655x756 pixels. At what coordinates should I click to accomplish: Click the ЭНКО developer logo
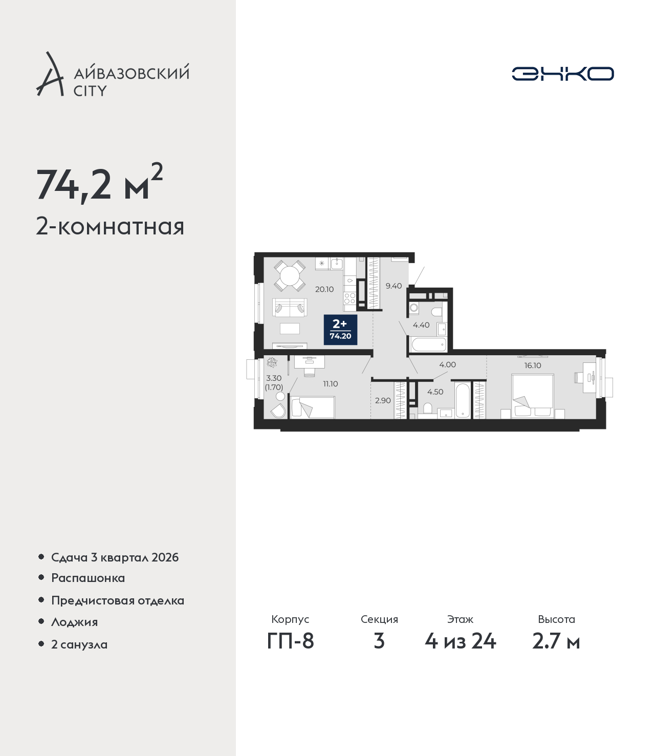click(562, 74)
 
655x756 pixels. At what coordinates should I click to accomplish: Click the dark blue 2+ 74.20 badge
click(340, 330)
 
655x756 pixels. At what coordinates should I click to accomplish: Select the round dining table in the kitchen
click(290, 276)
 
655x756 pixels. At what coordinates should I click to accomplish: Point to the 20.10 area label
click(324, 289)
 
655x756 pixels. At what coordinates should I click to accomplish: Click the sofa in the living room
click(290, 307)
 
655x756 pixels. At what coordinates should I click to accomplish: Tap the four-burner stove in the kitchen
click(350, 298)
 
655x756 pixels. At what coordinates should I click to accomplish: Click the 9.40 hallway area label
click(394, 286)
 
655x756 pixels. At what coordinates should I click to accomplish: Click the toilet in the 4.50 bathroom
click(427, 408)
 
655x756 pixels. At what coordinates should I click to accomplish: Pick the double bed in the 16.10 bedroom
click(533, 396)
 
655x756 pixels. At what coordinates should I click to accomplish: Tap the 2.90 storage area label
click(383, 400)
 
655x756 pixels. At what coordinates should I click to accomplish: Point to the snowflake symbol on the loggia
click(272, 362)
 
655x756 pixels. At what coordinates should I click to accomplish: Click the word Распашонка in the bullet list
click(88, 578)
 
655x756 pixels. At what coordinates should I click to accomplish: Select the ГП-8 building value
click(290, 641)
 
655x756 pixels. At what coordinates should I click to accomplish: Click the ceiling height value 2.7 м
click(556, 641)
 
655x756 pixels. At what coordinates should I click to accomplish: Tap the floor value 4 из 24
click(460, 641)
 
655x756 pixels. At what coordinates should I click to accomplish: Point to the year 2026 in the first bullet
click(165, 557)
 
